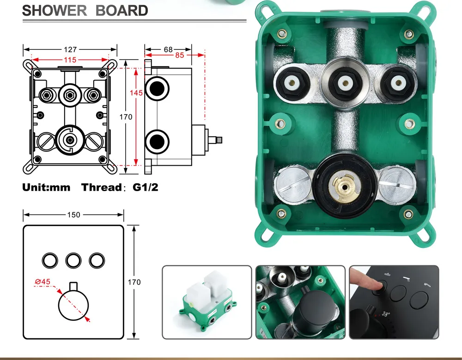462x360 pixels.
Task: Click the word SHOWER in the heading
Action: pos(55,11)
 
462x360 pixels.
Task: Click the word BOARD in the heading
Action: pos(122,11)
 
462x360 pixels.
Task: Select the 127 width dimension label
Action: pos(70,49)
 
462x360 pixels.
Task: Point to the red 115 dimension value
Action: pos(70,60)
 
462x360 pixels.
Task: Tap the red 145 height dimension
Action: pos(136,93)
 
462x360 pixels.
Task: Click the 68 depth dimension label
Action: pos(168,49)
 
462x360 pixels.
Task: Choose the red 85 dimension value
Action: pos(179,55)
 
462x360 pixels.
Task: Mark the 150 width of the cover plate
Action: pos(73,215)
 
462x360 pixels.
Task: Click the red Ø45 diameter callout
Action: pos(43,282)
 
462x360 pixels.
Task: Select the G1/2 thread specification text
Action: pos(146,187)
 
